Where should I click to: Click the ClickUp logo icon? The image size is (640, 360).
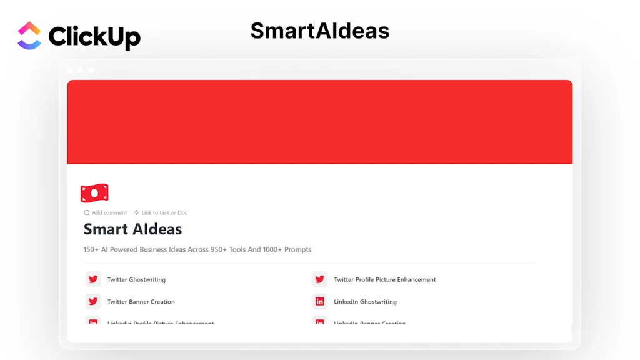click(x=29, y=36)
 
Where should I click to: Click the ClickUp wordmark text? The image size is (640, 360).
click(x=94, y=37)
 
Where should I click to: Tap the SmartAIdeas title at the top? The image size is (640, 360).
click(x=319, y=31)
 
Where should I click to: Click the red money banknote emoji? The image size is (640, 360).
click(x=94, y=193)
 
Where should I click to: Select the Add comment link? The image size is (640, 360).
click(x=109, y=213)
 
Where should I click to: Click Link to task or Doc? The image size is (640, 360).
click(x=164, y=213)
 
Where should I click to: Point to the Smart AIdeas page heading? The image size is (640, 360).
click(x=132, y=229)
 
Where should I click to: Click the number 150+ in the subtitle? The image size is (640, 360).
click(x=91, y=250)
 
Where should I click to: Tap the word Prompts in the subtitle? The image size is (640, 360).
click(x=297, y=250)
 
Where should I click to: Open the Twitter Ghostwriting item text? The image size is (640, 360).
click(x=136, y=280)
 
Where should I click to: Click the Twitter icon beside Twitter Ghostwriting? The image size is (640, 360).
click(x=93, y=279)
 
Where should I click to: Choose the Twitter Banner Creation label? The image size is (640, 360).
click(x=141, y=302)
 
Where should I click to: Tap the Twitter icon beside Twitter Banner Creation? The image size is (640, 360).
click(x=93, y=301)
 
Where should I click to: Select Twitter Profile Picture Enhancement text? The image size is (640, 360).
click(x=384, y=280)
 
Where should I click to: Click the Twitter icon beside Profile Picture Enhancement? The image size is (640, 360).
click(x=319, y=279)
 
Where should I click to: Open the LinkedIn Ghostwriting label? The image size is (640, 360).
click(x=365, y=302)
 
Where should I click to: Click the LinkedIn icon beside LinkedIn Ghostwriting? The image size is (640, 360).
click(x=319, y=301)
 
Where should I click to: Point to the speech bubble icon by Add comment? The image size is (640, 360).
click(x=87, y=213)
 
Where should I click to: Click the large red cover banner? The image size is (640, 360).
click(x=319, y=122)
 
